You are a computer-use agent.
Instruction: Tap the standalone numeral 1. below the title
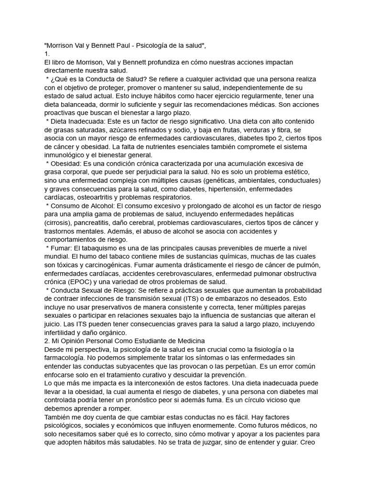pos(47,54)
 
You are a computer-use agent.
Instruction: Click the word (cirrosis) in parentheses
pos(59,223)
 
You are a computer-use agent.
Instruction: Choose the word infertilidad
pos(61,332)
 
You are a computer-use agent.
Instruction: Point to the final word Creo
pos(311,442)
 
